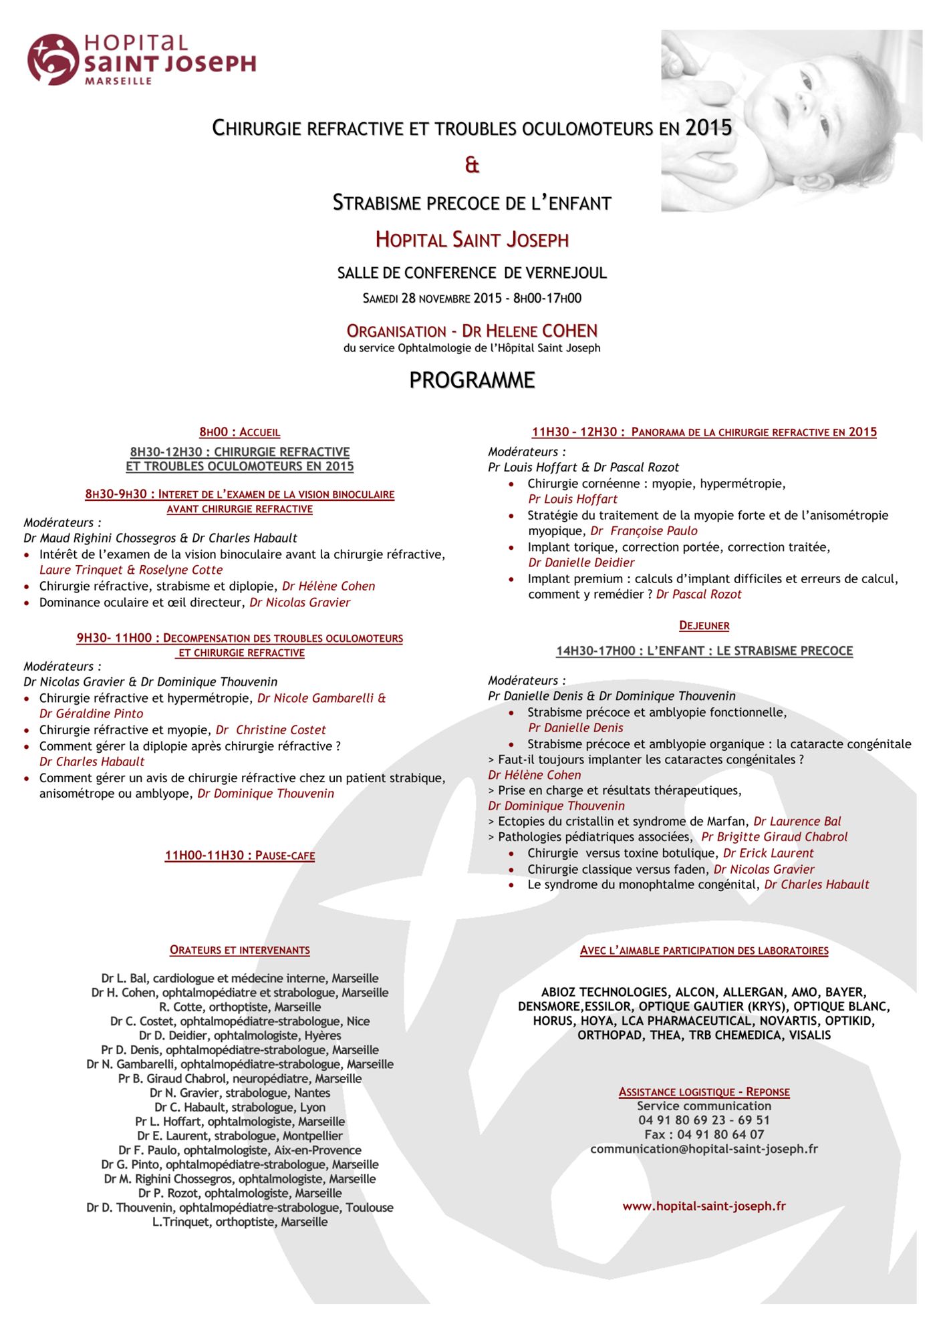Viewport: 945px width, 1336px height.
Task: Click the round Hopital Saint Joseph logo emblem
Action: tap(53, 59)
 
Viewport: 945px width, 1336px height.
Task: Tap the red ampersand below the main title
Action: tap(472, 165)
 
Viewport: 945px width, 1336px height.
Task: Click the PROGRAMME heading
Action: tap(472, 380)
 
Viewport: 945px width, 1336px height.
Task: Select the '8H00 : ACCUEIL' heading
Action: tap(239, 432)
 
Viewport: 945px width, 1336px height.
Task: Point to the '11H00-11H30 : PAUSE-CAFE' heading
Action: tap(239, 856)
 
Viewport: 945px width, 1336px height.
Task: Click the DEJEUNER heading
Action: tap(704, 626)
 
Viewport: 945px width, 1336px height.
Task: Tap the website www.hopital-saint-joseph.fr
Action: tap(704, 1206)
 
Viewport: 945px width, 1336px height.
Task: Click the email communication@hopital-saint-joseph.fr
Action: tap(704, 1149)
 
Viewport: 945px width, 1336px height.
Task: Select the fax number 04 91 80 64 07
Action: tap(704, 1134)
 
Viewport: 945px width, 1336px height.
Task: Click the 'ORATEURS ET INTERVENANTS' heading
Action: tap(239, 950)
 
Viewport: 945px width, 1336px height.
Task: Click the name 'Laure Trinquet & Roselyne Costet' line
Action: tap(131, 570)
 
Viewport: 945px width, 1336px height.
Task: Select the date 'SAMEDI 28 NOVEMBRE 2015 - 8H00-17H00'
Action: tap(472, 299)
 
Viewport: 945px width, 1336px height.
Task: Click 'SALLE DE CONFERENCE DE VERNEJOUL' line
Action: tap(472, 273)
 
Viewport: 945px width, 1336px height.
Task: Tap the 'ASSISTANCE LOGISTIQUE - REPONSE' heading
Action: tap(704, 1092)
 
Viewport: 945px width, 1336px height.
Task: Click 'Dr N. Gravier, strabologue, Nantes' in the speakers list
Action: tap(239, 1093)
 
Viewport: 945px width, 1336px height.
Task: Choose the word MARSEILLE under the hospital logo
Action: tap(118, 81)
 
